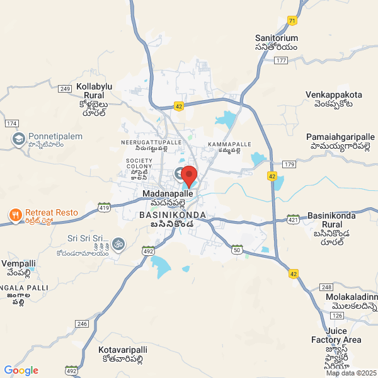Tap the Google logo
tap(21, 370)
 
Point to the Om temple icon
tap(118, 243)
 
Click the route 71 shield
tap(291, 21)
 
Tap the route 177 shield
tap(281, 60)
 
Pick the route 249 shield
tap(66, 89)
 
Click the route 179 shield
tap(289, 164)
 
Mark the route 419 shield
tap(104, 207)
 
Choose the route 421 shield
tap(293, 219)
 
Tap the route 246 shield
tap(82, 323)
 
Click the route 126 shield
tap(336, 316)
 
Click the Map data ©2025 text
tap(350, 373)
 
